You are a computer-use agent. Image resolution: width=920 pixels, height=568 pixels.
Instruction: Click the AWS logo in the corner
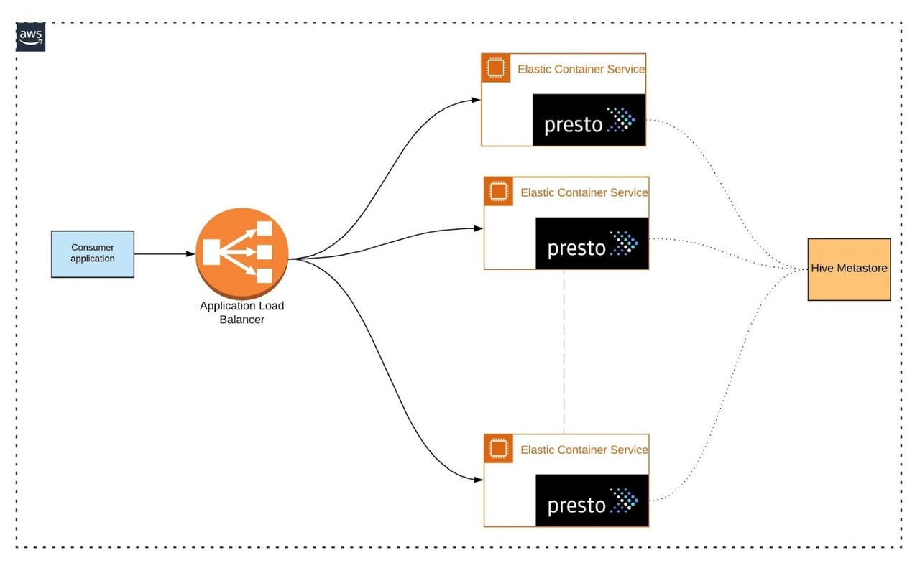[x=30, y=37]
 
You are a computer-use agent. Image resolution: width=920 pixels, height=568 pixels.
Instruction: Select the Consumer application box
[x=93, y=253]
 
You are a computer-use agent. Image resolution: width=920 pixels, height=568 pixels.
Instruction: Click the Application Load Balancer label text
[x=242, y=312]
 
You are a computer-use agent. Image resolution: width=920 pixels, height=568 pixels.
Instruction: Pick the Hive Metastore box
[x=849, y=269]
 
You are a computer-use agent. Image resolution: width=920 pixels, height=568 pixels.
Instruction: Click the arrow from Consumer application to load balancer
[x=165, y=253]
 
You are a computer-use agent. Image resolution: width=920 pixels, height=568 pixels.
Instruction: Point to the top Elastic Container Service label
[x=581, y=69]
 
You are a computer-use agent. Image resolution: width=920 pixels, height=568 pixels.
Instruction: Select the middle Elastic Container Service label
[x=584, y=192]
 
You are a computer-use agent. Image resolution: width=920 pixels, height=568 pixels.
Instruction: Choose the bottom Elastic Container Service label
[x=584, y=450]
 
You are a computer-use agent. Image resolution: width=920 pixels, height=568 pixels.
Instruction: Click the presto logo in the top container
[x=589, y=120]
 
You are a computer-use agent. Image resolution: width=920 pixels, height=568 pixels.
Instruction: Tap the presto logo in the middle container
[x=592, y=243]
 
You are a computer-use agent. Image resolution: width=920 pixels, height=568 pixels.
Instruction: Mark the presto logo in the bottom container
[x=592, y=501]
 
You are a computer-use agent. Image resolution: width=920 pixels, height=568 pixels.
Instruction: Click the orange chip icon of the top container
[x=495, y=68]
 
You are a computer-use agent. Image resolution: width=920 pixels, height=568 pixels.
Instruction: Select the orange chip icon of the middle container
[x=498, y=192]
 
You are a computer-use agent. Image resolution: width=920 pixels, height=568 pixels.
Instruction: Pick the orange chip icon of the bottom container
[x=498, y=449]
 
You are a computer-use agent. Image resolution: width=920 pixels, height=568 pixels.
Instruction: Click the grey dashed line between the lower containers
[x=564, y=352]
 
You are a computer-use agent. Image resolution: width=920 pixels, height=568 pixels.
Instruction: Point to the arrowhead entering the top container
[x=477, y=100]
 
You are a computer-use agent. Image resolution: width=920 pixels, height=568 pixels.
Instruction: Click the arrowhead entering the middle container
[x=479, y=229]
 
